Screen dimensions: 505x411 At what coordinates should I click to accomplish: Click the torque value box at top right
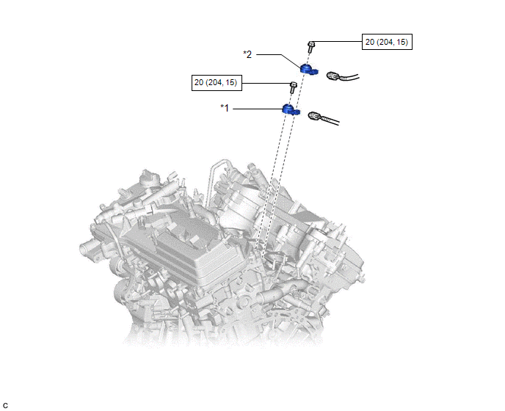[387, 42]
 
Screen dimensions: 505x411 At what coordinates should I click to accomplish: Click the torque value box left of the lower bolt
[217, 83]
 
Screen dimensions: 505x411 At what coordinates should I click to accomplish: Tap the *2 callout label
[247, 54]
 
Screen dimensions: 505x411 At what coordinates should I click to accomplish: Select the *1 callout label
[225, 108]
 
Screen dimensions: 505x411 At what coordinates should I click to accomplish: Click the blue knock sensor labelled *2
[309, 69]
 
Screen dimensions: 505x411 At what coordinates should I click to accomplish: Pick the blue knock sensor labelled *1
[291, 109]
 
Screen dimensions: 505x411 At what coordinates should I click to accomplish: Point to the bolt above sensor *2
[310, 47]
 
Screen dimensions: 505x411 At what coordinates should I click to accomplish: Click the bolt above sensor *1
[293, 87]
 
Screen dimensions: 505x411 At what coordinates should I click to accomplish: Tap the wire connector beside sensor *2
[342, 76]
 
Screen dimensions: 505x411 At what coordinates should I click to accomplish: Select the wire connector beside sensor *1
[323, 118]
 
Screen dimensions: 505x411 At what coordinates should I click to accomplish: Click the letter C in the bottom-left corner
[5, 406]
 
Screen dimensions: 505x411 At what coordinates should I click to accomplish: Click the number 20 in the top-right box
[369, 42]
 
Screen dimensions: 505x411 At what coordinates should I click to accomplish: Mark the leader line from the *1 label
[258, 109]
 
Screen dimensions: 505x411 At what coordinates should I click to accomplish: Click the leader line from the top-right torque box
[337, 42]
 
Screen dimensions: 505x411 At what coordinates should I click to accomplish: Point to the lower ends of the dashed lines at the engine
[260, 252]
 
